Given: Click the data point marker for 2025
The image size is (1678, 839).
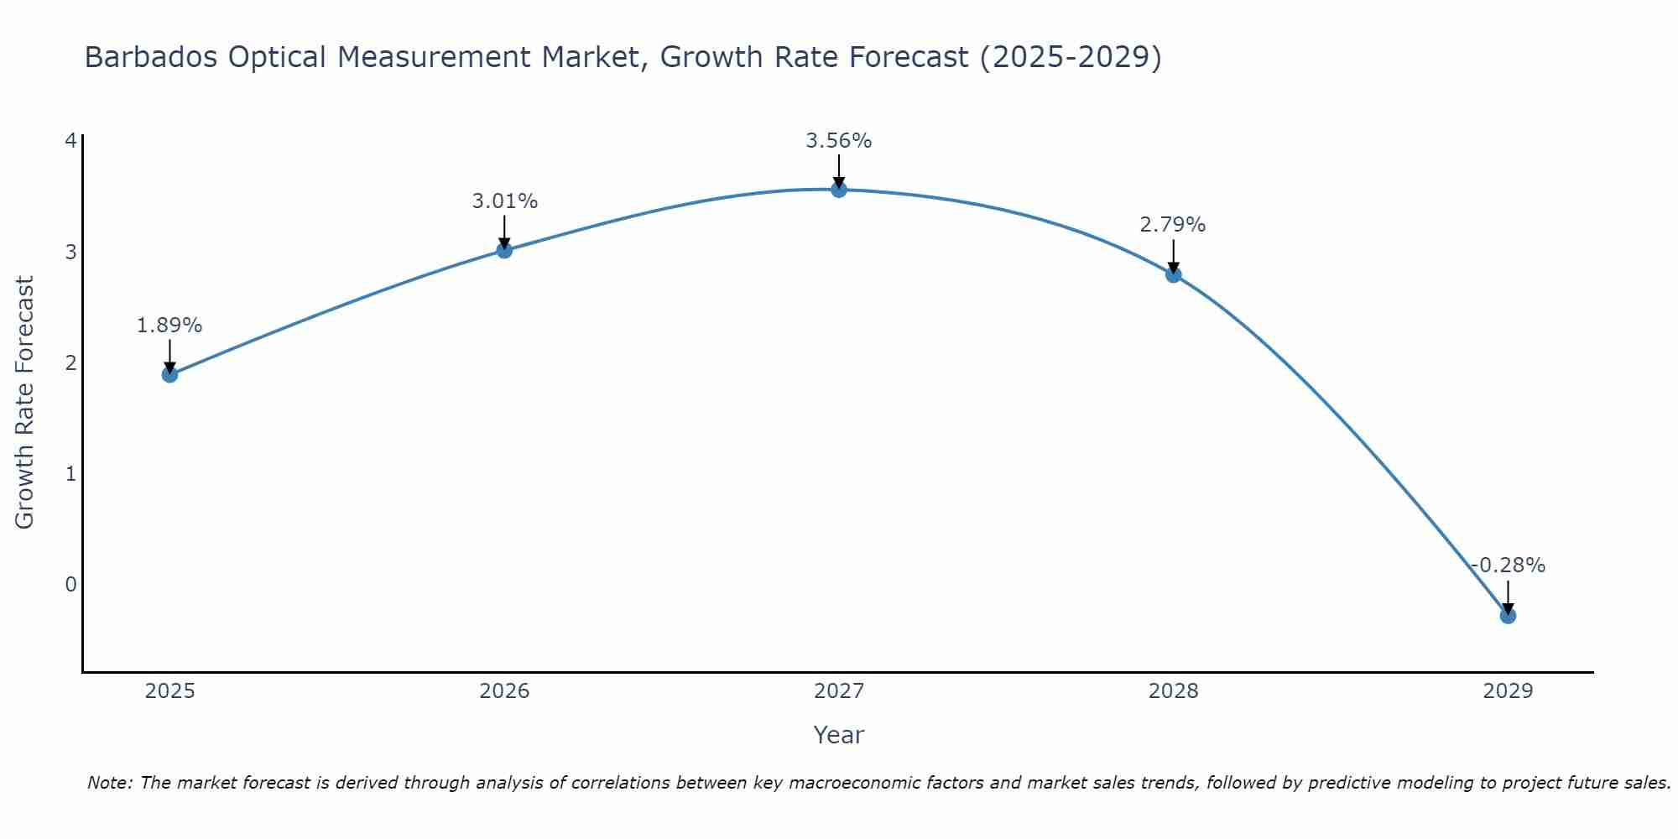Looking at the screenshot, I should click(x=169, y=374).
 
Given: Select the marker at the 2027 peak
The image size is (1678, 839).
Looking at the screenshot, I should click(x=839, y=190).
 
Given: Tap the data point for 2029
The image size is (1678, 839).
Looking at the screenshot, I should click(x=1508, y=616).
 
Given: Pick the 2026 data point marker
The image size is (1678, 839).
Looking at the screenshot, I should click(x=504, y=250).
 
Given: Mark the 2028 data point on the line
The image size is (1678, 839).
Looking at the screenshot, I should click(x=1173, y=274).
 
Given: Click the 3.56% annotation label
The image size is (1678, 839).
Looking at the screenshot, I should click(x=839, y=141).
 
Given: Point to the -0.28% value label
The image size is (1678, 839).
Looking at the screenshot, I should click(x=1508, y=565).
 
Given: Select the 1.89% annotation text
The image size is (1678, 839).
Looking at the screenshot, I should click(x=169, y=326).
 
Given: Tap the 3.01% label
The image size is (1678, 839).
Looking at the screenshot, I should click(x=504, y=201).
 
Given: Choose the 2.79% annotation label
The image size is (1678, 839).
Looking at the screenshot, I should click(x=1173, y=225).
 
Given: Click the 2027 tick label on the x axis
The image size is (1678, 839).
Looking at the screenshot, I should click(x=839, y=691).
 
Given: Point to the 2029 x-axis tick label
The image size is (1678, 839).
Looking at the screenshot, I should click(x=1508, y=691).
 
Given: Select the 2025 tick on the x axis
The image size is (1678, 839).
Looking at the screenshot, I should click(x=169, y=691).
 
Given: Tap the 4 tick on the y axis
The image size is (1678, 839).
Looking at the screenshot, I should click(x=70, y=140).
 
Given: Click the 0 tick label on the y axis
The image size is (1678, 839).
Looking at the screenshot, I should click(x=70, y=584).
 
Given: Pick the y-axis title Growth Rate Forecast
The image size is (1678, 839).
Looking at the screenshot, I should click(x=25, y=403).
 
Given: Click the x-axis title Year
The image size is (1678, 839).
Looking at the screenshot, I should click(x=839, y=735).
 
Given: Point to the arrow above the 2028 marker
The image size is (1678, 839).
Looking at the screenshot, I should click(x=1173, y=256).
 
